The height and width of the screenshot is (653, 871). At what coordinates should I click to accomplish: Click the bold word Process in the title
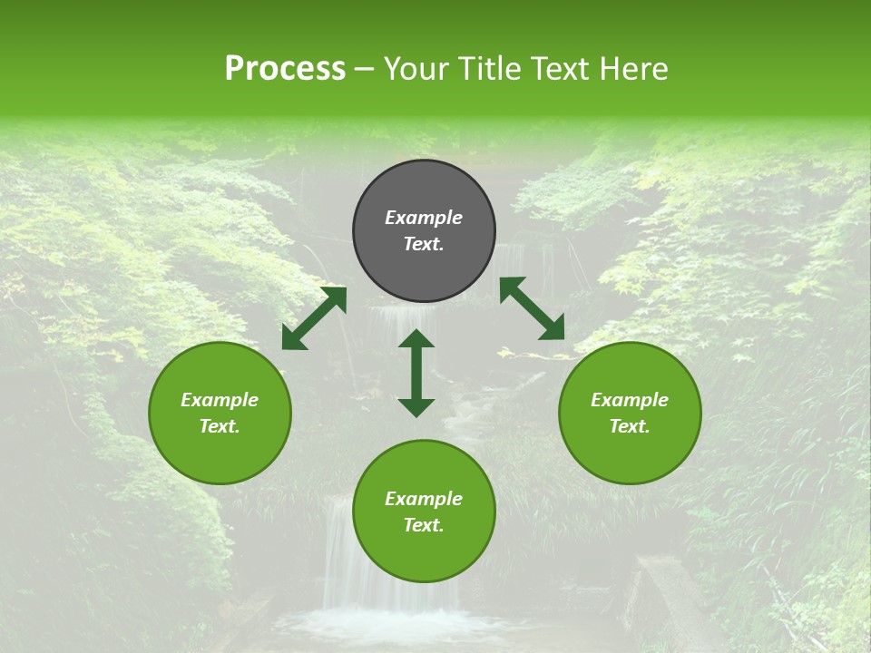pos(285,69)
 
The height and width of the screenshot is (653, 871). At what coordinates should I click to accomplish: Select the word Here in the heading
pos(632,69)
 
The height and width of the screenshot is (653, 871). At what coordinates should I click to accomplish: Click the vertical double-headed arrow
pos(416,373)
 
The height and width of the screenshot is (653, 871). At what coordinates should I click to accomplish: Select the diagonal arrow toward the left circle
pos(314,318)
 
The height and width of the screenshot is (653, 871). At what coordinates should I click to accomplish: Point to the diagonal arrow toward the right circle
pos(532,308)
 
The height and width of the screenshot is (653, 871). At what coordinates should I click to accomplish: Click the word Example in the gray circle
pos(424,218)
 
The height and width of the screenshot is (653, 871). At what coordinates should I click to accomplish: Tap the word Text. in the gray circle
pos(424,244)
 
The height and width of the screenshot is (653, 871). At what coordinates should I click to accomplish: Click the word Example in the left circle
pos(220,400)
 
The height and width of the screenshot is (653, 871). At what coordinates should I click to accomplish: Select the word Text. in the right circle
pos(630,426)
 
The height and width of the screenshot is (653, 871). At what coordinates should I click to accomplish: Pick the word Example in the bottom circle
pos(424,499)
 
